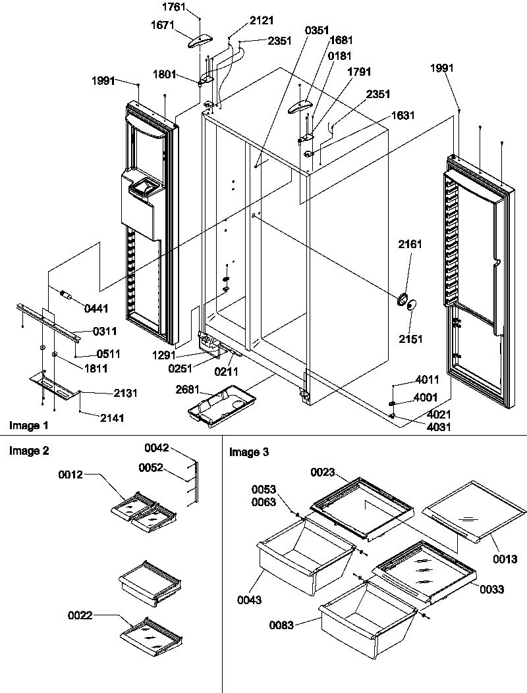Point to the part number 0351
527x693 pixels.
tap(318, 30)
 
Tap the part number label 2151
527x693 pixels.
tap(410, 339)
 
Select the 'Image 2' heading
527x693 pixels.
tap(27, 451)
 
